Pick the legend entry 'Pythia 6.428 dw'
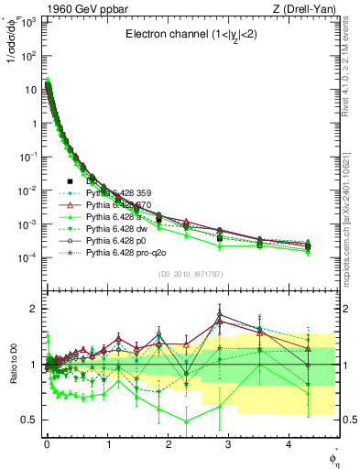119,229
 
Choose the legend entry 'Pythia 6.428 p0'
119,241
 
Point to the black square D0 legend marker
70,181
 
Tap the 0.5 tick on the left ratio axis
27,420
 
